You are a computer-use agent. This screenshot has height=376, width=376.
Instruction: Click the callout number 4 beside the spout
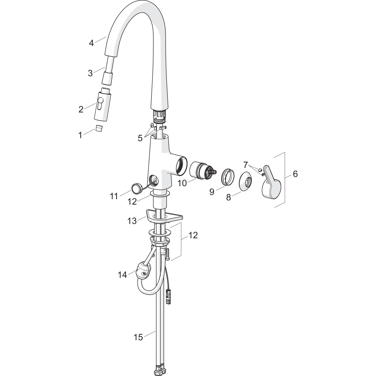click(x=91, y=43)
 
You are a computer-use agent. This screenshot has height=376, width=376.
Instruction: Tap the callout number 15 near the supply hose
click(x=138, y=337)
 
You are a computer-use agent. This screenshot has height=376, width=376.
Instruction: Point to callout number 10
click(x=182, y=183)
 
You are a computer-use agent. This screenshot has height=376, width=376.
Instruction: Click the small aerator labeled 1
click(x=100, y=129)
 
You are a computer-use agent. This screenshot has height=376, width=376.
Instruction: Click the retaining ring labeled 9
click(x=228, y=177)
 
